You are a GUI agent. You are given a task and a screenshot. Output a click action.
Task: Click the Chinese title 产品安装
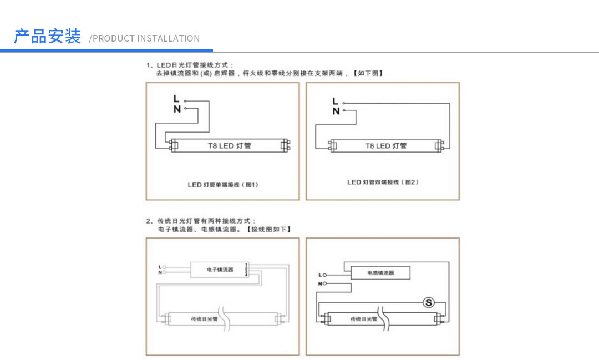[x=47, y=37]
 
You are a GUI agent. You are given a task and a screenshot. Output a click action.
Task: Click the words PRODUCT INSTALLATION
[x=146, y=38]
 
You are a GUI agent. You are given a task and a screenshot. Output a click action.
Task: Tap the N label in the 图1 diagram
[x=176, y=109]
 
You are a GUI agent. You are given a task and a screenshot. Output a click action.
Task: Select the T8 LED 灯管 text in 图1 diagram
[x=230, y=146]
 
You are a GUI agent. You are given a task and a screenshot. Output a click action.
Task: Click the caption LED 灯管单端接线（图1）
[x=223, y=185]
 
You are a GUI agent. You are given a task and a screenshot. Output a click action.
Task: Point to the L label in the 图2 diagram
[x=335, y=101]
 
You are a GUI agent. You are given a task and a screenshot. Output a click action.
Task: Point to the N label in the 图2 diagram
[x=336, y=111]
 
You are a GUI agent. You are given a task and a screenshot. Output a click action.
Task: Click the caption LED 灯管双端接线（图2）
[x=383, y=182]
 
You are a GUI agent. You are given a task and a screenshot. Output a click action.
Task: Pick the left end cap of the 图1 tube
[x=173, y=146]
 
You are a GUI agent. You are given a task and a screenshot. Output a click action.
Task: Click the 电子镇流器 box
[x=220, y=270]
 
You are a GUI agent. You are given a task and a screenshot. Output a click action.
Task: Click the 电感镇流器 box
[x=380, y=273]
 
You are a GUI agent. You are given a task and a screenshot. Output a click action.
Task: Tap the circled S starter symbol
[x=428, y=302]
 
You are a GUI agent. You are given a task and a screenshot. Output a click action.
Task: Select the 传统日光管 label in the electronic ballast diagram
[x=205, y=319]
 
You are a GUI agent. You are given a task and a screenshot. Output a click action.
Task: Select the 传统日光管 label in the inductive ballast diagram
[x=364, y=319]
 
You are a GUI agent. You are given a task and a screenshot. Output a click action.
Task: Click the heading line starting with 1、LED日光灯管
[x=190, y=65]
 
